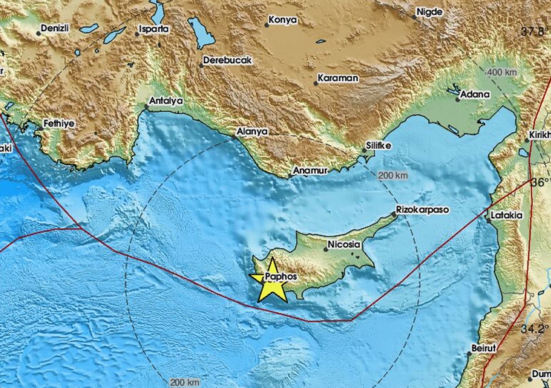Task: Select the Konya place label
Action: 283,20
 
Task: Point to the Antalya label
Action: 166,101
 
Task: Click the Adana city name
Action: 475,94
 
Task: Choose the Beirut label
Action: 483,349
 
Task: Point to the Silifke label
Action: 378,145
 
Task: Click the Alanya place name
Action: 252,132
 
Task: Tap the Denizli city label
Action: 55,28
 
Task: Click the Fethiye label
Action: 59,124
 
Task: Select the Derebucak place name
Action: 227,60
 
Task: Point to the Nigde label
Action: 430,12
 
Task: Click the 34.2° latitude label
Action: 535,329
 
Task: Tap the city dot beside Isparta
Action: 137,34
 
